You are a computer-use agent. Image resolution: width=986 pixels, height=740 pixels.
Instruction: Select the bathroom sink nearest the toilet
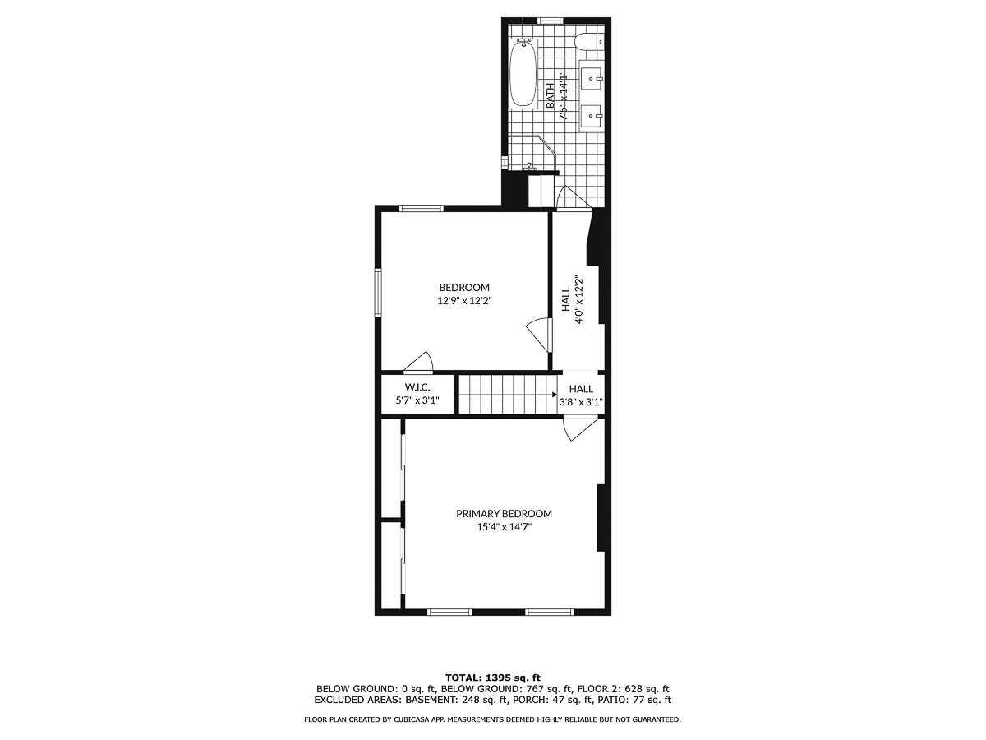pyautogui.click(x=592, y=78)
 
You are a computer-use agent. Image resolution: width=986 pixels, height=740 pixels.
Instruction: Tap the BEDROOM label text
pyautogui.click(x=464, y=287)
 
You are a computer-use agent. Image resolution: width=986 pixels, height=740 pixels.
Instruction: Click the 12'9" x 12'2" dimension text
pyautogui.click(x=464, y=301)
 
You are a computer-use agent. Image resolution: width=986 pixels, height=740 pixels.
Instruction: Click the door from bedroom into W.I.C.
pyautogui.click(x=421, y=363)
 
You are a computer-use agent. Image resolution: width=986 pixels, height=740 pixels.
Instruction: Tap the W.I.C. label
pyautogui.click(x=417, y=388)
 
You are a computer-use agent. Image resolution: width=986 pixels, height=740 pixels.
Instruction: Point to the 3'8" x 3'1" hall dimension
pyautogui.click(x=581, y=403)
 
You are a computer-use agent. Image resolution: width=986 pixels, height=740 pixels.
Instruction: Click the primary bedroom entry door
pyautogui.click(x=580, y=428)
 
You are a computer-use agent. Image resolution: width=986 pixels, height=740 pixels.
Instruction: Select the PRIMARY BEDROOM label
pyautogui.click(x=504, y=513)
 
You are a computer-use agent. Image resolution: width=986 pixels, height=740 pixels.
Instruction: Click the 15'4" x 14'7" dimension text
pyautogui.click(x=504, y=527)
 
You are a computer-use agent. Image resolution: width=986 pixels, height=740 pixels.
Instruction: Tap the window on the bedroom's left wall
pyautogui.click(x=379, y=292)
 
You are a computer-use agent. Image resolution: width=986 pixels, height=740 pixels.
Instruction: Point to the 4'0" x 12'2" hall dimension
pyautogui.click(x=580, y=301)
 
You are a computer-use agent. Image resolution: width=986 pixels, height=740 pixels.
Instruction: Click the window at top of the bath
pyautogui.click(x=550, y=20)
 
